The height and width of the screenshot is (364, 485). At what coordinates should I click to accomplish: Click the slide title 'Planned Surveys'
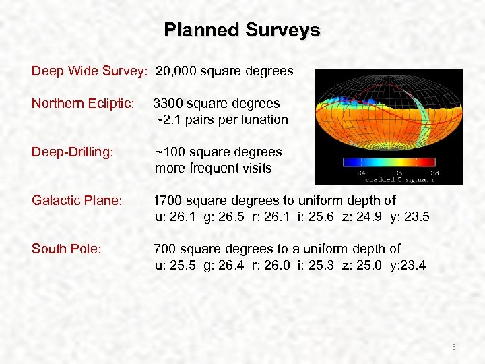(x=242, y=30)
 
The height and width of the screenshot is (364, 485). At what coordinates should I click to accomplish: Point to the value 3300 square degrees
(x=216, y=104)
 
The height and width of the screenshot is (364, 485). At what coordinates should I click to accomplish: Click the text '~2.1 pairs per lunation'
(x=221, y=120)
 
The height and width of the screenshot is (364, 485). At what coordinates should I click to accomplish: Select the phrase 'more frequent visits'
(x=214, y=169)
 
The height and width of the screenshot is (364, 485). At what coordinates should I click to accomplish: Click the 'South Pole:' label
(x=67, y=249)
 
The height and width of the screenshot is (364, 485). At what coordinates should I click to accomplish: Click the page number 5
(x=454, y=347)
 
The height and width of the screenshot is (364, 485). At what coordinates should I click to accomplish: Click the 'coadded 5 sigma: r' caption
(x=401, y=180)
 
